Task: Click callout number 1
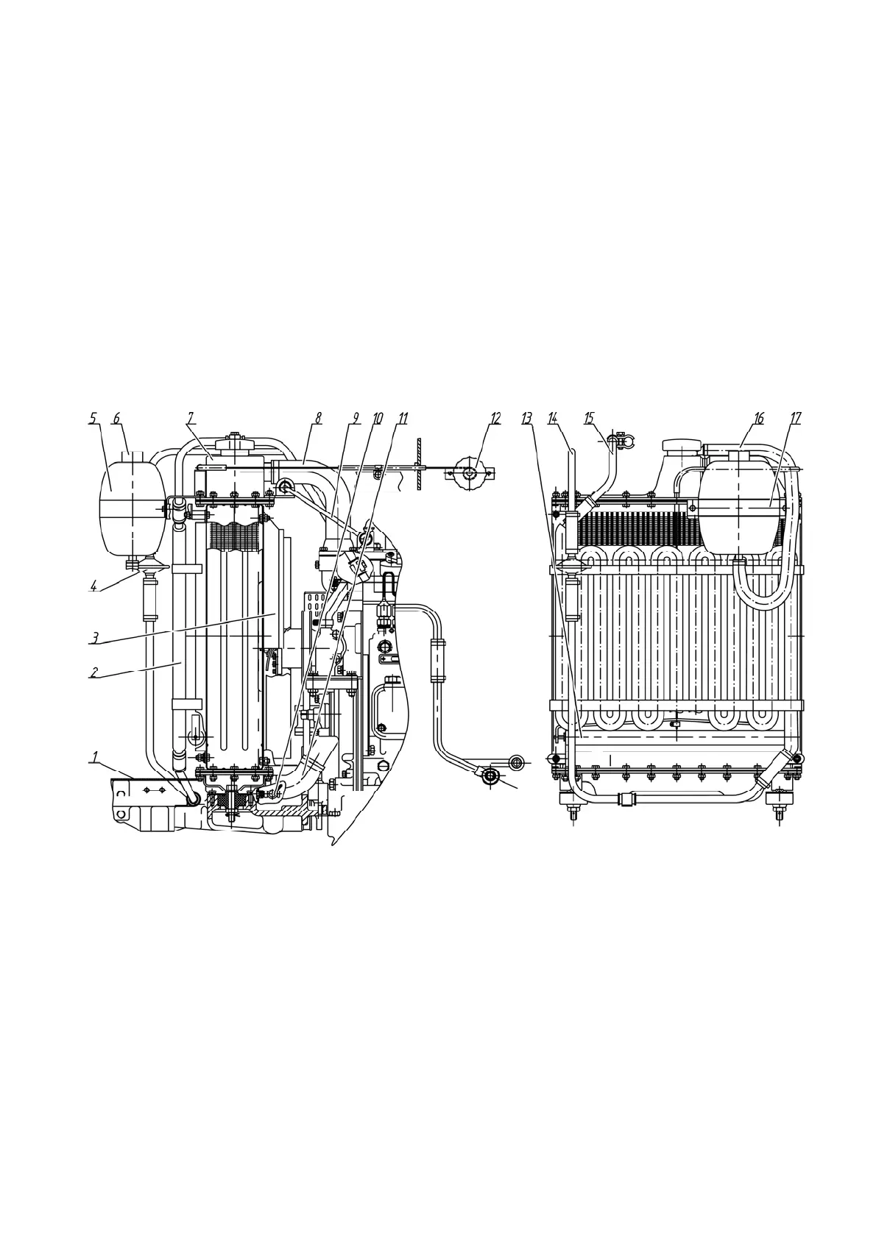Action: point(94,756)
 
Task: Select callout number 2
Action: point(94,671)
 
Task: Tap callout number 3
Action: point(94,637)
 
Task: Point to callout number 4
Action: point(93,586)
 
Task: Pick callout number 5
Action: point(93,418)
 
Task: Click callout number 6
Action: point(116,418)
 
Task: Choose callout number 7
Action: point(190,418)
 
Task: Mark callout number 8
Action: point(318,418)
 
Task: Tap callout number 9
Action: point(355,418)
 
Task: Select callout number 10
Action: point(377,418)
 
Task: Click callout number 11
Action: point(402,418)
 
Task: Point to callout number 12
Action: point(495,418)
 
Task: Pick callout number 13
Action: point(526,418)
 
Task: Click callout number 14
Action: point(553,418)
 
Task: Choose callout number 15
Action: point(588,418)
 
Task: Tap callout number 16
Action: point(758,418)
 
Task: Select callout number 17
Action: point(795,418)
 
